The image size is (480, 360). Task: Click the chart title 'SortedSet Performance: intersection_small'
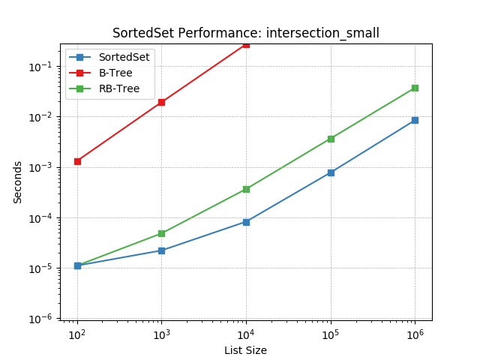tap(246, 33)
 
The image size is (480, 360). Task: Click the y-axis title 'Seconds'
tap(18, 182)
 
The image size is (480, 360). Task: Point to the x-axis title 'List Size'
tap(245, 350)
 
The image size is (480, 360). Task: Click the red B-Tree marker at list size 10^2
tap(77, 161)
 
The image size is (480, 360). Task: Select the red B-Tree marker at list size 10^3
tap(161, 102)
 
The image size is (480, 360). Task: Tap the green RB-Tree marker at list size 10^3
tap(161, 233)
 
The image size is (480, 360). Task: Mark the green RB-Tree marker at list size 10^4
tap(246, 189)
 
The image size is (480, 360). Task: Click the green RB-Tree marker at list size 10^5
tap(331, 139)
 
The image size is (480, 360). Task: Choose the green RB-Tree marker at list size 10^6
tap(415, 88)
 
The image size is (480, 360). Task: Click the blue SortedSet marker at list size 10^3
tap(161, 250)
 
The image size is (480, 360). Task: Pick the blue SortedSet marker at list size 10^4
tap(246, 222)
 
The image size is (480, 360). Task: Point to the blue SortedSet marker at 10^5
tap(331, 172)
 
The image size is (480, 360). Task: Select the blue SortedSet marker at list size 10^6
tap(415, 120)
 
